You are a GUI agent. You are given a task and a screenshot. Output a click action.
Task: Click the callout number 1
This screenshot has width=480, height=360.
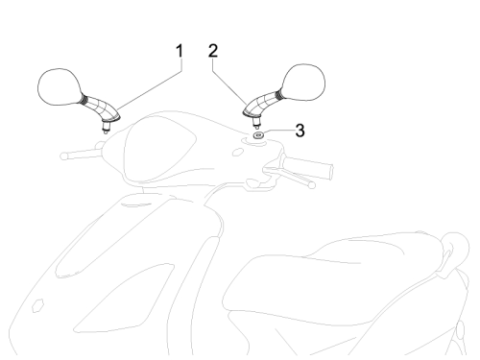coord(180,51)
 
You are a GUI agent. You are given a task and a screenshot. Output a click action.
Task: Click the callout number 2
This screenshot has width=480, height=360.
coord(213,51)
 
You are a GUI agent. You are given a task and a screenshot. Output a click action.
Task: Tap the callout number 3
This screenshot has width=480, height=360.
coord(300,131)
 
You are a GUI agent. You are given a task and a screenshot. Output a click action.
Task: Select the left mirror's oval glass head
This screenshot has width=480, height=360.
coord(59,86)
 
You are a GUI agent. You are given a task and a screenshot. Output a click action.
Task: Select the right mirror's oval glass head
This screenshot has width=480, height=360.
coord(303,83)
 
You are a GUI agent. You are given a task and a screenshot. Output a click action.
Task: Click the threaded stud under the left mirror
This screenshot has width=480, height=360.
coord(105,128)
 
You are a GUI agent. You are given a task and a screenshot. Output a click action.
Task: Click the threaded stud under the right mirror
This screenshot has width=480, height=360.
coord(256,122)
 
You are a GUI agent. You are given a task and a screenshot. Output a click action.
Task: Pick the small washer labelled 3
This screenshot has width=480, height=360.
coord(258,135)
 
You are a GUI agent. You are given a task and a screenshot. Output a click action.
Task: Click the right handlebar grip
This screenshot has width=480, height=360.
coord(308,167)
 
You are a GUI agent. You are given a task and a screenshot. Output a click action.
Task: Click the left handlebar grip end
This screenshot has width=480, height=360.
coord(64,156)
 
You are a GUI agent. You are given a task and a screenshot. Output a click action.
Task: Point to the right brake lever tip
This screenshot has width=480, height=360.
coord(312,184)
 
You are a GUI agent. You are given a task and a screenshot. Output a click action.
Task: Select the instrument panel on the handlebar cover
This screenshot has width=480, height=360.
coord(160,148)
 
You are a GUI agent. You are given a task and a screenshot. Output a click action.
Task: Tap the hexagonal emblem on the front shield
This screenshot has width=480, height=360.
coord(37,305)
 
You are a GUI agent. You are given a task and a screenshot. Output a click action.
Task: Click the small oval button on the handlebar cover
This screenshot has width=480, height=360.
coord(237,152)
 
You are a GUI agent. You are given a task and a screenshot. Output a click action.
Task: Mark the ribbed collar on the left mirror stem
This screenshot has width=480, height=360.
coord(84,98)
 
